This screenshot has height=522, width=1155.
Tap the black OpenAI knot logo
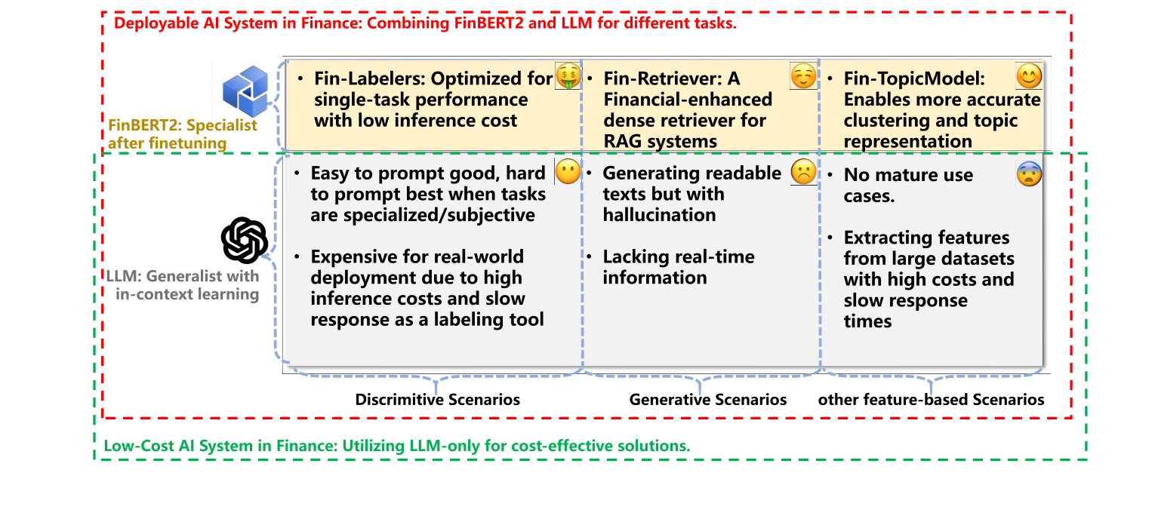coord(245,241)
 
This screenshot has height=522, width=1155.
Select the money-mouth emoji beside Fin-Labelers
coord(568,76)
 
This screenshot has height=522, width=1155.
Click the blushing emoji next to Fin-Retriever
coord(803,76)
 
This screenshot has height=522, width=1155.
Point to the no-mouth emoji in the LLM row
coord(568,173)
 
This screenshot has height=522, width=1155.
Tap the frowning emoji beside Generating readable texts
coord(803,173)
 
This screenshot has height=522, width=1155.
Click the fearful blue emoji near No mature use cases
coord(1029,174)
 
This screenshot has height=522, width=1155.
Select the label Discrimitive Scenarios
coord(438,399)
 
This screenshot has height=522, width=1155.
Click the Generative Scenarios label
coord(708,399)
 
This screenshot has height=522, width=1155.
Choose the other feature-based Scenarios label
coord(932,399)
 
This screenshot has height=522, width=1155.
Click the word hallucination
coord(659,215)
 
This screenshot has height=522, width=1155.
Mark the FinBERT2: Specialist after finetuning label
coord(183,134)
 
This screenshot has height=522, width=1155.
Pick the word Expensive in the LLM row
coord(353,257)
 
